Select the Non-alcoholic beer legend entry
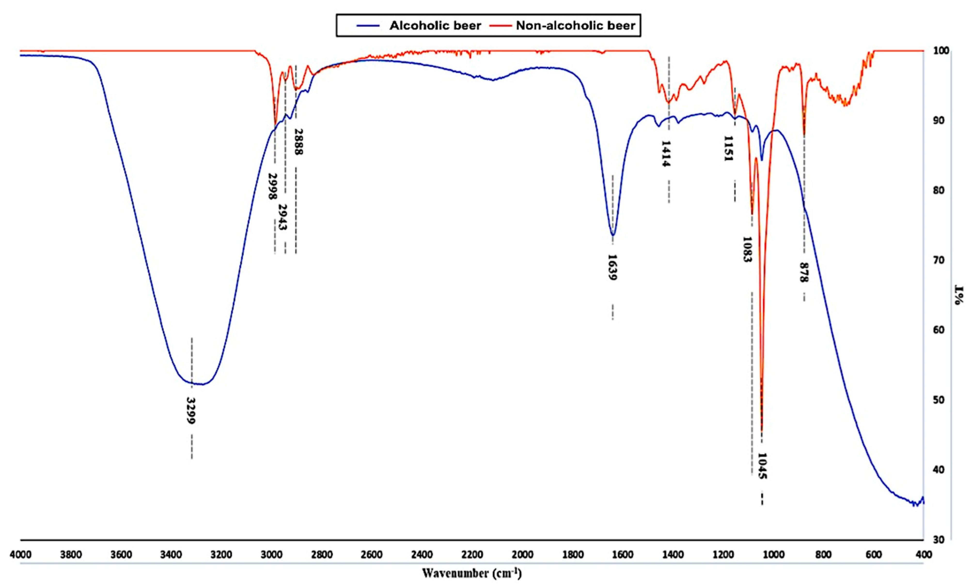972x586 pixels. tap(575, 26)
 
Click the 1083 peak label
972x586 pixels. tap(748, 249)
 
